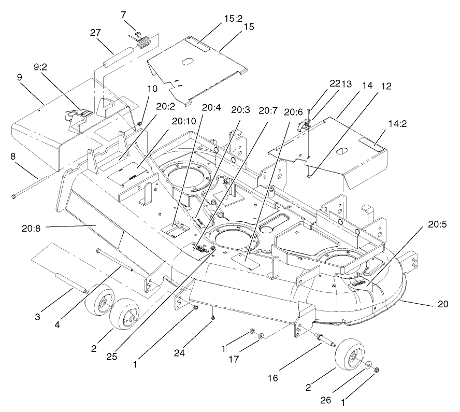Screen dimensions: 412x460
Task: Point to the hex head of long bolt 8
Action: point(14,196)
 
